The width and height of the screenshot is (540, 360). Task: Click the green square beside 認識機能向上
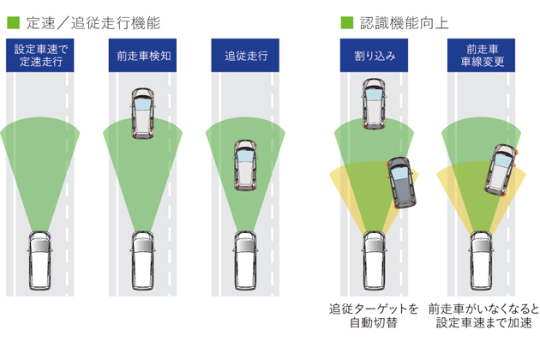[347, 21]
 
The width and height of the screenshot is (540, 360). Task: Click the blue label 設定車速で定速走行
[42, 55]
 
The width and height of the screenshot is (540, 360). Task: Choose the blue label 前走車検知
[144, 55]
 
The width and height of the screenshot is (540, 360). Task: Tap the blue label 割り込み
[374, 55]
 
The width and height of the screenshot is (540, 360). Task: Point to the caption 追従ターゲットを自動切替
[374, 315]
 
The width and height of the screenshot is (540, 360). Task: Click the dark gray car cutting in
[401, 182]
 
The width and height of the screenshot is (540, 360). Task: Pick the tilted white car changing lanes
[501, 169]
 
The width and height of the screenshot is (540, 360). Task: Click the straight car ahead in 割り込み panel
[374, 103]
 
